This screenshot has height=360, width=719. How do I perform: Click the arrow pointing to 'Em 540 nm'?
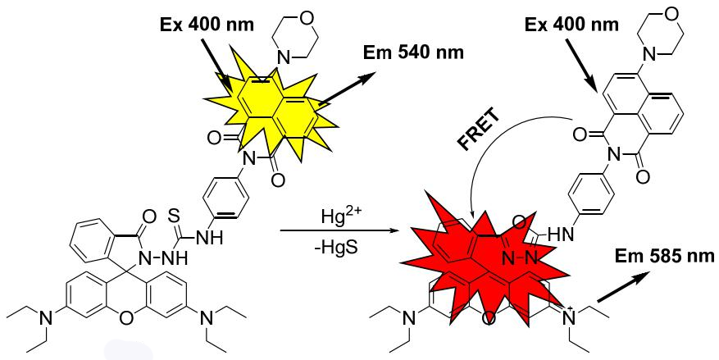pyautogui.click(x=345, y=89)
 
